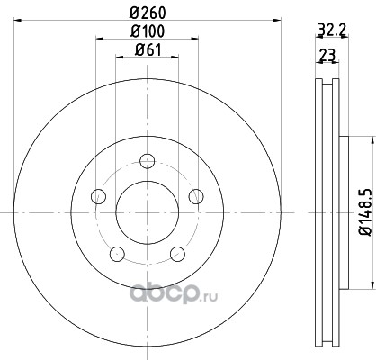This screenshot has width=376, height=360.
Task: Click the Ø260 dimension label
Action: (x=148, y=13)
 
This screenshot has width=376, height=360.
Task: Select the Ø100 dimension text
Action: (x=148, y=31)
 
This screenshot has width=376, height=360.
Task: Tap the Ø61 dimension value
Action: (x=148, y=49)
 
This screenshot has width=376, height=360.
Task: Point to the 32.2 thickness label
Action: (x=332, y=30)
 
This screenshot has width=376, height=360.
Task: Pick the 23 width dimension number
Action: (x=327, y=55)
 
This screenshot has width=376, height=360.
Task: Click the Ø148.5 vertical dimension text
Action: (x=365, y=212)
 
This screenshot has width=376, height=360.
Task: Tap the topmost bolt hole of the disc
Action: (x=148, y=161)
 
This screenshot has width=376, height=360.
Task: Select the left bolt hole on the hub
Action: (x=98, y=196)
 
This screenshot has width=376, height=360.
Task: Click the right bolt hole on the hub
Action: (x=196, y=196)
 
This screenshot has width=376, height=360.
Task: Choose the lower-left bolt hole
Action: (x=117, y=254)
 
